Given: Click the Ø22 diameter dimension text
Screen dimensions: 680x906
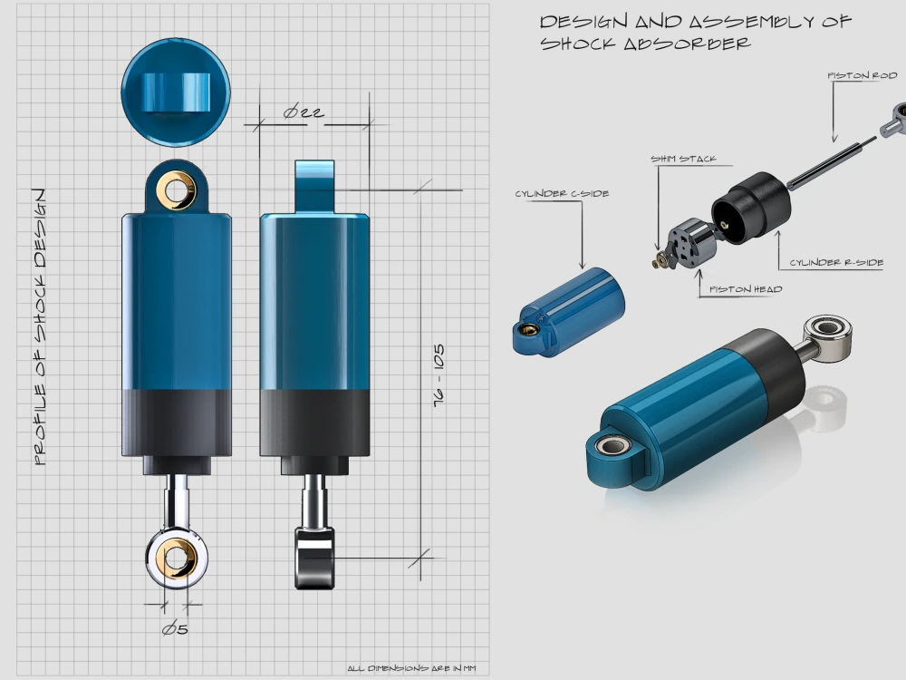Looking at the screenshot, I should (x=304, y=112).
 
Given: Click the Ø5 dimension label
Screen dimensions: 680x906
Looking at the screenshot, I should (x=175, y=628).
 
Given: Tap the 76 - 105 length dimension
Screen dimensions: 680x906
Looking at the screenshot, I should (x=439, y=378).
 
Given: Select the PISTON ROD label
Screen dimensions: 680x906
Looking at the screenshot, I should (x=862, y=75).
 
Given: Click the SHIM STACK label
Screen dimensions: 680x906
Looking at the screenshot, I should (x=683, y=160).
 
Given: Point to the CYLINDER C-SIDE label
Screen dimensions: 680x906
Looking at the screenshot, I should (x=562, y=193).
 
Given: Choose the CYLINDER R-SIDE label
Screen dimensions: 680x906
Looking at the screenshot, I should (x=835, y=262).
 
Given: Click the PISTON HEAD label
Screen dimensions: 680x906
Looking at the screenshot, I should (x=746, y=289).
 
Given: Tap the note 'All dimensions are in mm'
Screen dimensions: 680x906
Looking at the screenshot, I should (x=411, y=669).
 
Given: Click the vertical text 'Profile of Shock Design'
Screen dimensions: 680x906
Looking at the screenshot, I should (x=39, y=326).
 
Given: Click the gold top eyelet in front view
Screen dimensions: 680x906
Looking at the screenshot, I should (x=177, y=189).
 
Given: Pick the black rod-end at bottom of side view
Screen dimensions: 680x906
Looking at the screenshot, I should (x=313, y=555).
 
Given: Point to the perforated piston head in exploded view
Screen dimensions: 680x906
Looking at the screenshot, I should (x=691, y=244).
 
